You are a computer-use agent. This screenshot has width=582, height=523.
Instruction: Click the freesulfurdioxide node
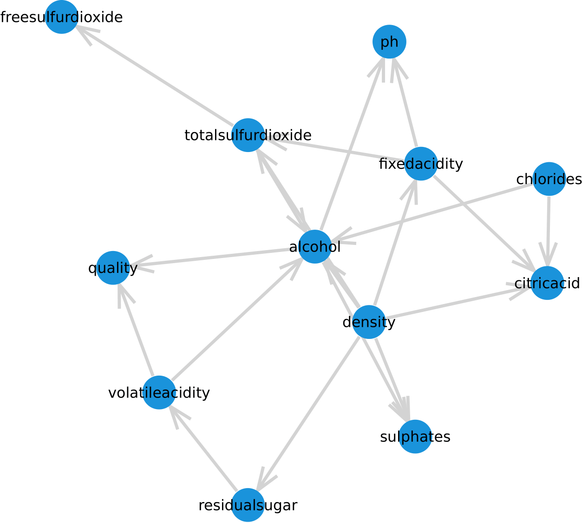61,17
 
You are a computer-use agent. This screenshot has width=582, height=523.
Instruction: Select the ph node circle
389,42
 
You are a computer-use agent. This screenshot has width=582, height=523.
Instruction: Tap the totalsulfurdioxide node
248,135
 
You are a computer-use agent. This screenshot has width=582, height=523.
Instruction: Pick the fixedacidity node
421,164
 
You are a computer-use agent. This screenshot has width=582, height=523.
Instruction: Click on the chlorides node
549,179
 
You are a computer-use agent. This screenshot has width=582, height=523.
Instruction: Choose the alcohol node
315,247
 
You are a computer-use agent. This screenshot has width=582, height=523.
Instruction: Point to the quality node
113,268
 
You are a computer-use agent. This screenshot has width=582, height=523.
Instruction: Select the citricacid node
547,283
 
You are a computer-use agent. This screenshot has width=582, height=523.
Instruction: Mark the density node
369,322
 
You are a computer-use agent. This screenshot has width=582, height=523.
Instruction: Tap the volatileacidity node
159,392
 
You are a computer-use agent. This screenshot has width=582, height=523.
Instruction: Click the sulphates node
415,437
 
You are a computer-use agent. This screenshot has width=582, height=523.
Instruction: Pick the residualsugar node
248,505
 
